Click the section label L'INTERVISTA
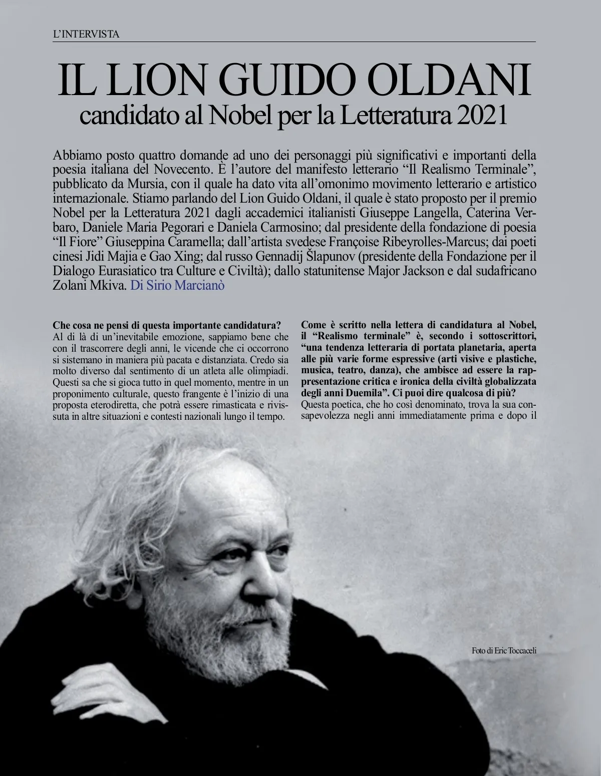click(86, 35)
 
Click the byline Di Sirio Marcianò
click(177, 287)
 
